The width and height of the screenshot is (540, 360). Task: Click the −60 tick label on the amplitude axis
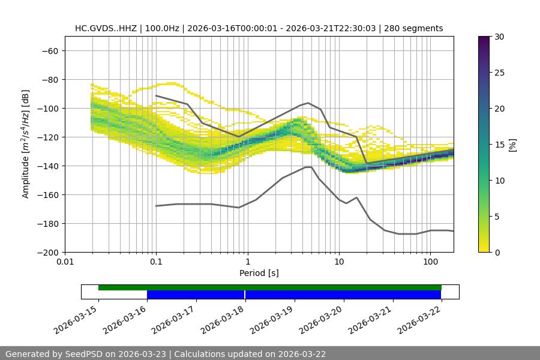(49, 50)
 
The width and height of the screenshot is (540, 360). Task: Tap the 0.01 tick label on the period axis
(65, 262)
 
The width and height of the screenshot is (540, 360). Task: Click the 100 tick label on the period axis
(430, 262)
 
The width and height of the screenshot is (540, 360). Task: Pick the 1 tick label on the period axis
(248, 262)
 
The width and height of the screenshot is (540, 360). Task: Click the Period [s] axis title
(259, 273)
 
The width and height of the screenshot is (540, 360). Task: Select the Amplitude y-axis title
(26, 144)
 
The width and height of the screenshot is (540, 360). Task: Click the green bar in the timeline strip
(270, 287)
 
